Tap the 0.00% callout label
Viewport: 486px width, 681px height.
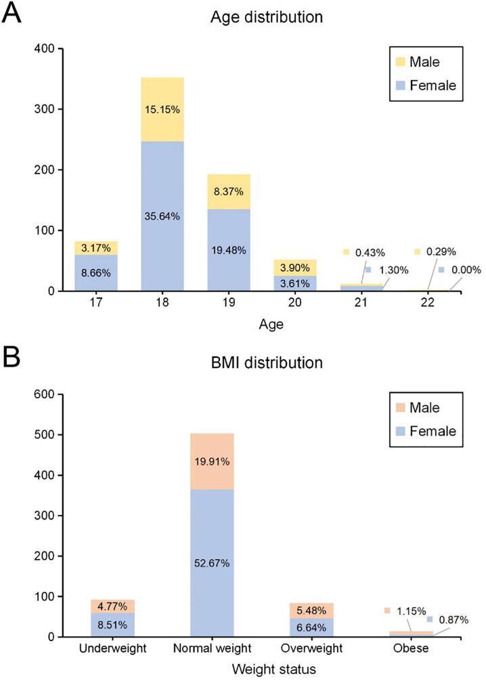464,270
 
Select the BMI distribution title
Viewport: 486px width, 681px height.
266,363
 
